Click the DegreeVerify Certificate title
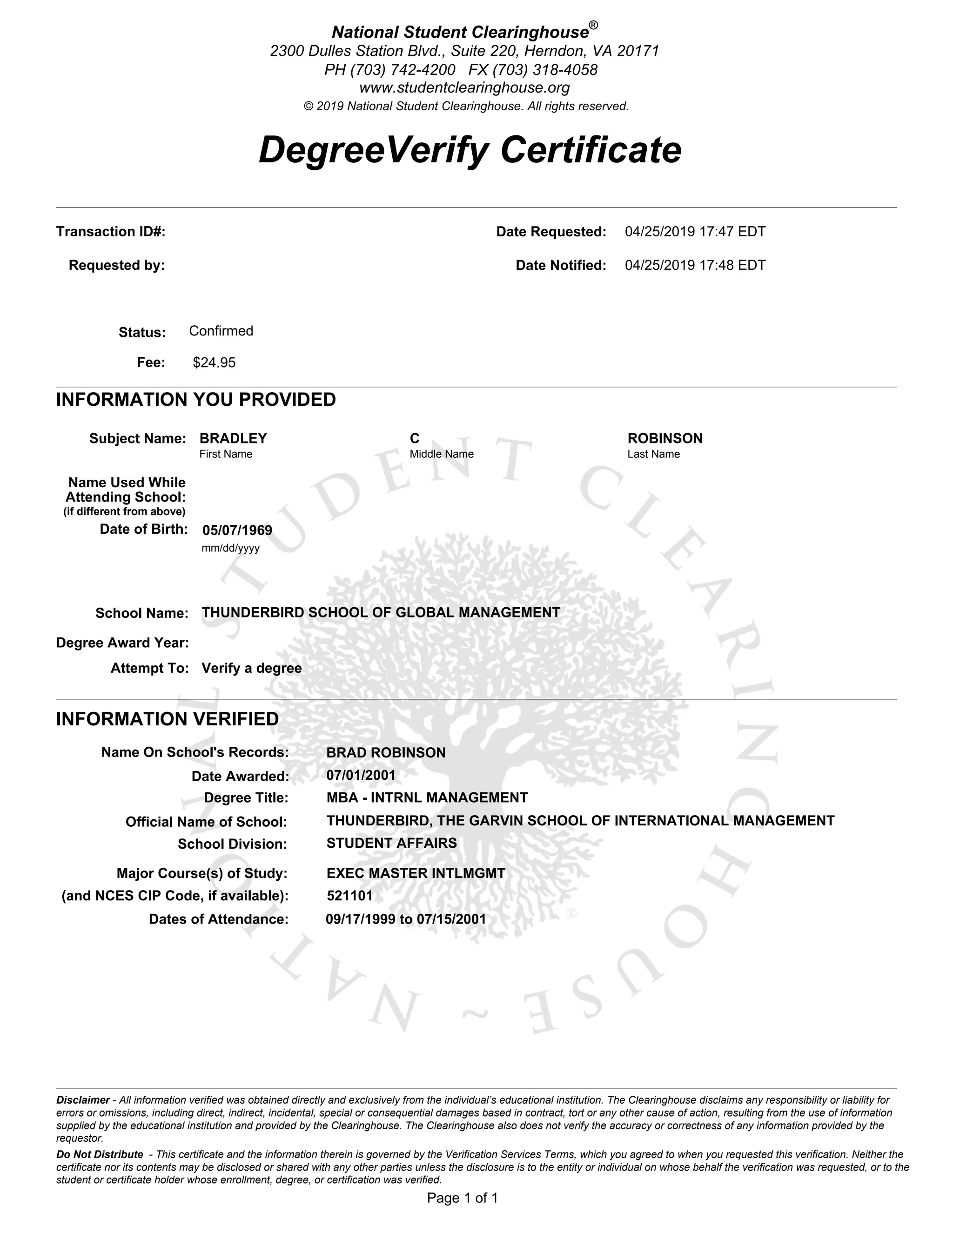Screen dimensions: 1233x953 pos(470,150)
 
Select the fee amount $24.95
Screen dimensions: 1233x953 pos(214,362)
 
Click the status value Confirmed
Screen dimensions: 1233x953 pos(221,331)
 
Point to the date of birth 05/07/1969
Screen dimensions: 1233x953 pos(237,530)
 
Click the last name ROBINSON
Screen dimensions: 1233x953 pos(664,438)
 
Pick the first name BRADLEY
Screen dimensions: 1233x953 pos(233,438)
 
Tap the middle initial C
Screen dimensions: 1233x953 pos(415,438)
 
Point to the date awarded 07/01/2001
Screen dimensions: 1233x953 pos(361,775)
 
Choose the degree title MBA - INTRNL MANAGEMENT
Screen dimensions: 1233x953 pos(427,797)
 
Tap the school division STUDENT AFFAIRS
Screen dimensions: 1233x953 pos(391,843)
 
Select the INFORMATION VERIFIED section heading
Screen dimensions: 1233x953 pos(167,719)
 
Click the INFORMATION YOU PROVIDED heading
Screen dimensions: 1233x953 pos(196,399)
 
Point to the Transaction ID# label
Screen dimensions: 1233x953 pos(111,231)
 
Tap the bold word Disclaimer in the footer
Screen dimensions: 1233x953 pos(82,1100)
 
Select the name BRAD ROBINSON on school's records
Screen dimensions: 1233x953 pos(386,752)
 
